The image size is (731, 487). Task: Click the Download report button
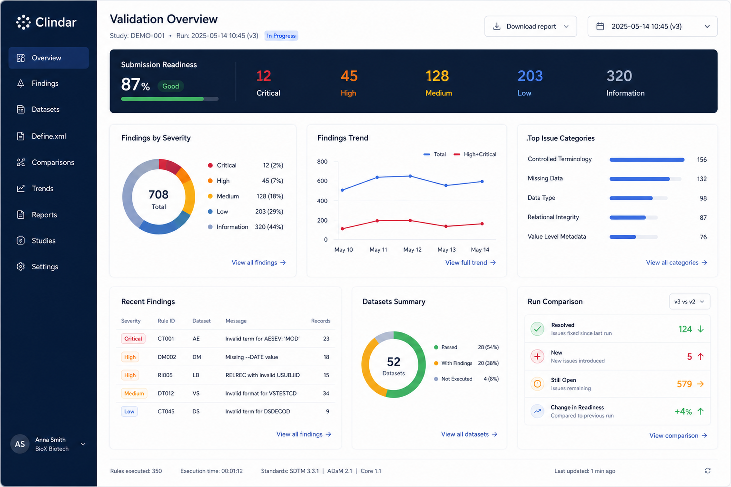[531, 26]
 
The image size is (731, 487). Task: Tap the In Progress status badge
[281, 36]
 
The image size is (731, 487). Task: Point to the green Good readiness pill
[171, 86]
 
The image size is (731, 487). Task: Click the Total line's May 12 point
[410, 176]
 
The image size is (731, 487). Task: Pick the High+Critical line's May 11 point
[377, 221]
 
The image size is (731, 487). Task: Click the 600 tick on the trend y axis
[322, 181]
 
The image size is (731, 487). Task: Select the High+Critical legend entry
[475, 154]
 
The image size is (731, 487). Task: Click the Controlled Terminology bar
[647, 160]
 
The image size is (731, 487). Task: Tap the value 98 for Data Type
[703, 198]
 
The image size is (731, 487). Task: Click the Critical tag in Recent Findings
[133, 339]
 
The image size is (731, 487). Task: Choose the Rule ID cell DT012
[166, 393]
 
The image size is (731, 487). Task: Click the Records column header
[321, 321]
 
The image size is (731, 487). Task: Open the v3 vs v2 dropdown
[689, 302]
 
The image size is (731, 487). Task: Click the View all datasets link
[469, 434]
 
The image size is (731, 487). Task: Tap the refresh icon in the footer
[707, 471]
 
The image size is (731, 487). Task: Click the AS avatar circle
[20, 444]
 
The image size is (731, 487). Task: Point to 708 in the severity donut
[158, 195]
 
